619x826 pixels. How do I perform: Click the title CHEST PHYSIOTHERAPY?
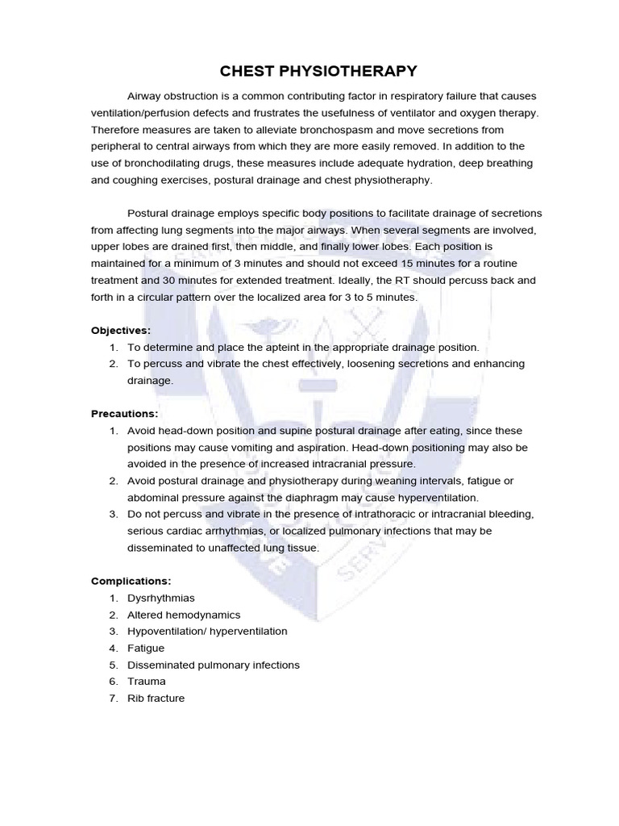tap(310, 70)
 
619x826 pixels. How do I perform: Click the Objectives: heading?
tap(121, 330)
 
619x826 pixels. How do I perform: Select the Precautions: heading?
tap(124, 413)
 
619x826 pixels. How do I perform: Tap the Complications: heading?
tap(131, 581)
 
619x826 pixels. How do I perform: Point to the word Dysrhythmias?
tap(161, 598)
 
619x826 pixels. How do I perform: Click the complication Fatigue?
tap(146, 648)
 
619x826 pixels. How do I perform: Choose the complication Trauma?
tap(147, 682)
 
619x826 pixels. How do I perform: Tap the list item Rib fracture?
tap(156, 699)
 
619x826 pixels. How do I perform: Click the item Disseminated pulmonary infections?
tap(214, 665)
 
